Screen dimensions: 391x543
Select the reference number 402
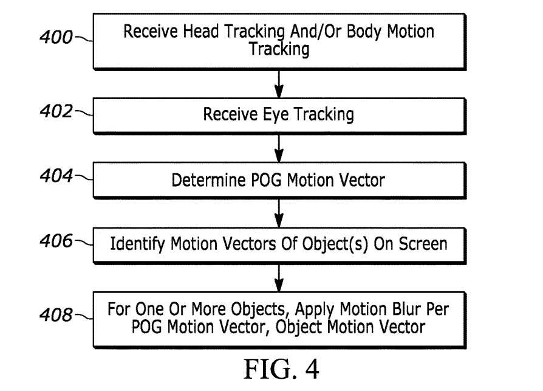click(x=55, y=112)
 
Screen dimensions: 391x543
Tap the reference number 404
click(x=55, y=178)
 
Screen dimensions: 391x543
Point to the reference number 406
click(x=55, y=242)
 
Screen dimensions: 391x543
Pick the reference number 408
click(x=55, y=314)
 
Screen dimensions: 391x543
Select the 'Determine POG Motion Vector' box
click(x=279, y=180)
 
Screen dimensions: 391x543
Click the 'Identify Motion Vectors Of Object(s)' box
click(x=279, y=244)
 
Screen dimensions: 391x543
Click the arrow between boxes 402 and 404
click(x=279, y=147)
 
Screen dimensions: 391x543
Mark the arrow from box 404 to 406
click(x=279, y=212)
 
